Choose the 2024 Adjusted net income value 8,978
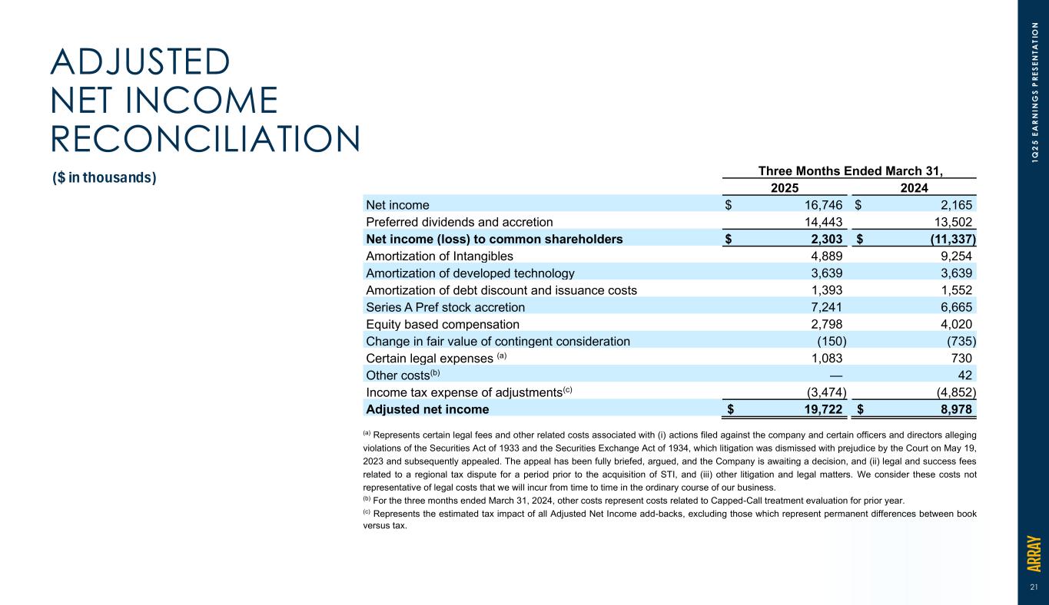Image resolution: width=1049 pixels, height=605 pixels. pyautogui.click(x=953, y=408)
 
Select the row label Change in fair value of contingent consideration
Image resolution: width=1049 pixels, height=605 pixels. pyautogui.click(x=498, y=340)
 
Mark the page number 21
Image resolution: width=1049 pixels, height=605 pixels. pyautogui.click(x=1034, y=587)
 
